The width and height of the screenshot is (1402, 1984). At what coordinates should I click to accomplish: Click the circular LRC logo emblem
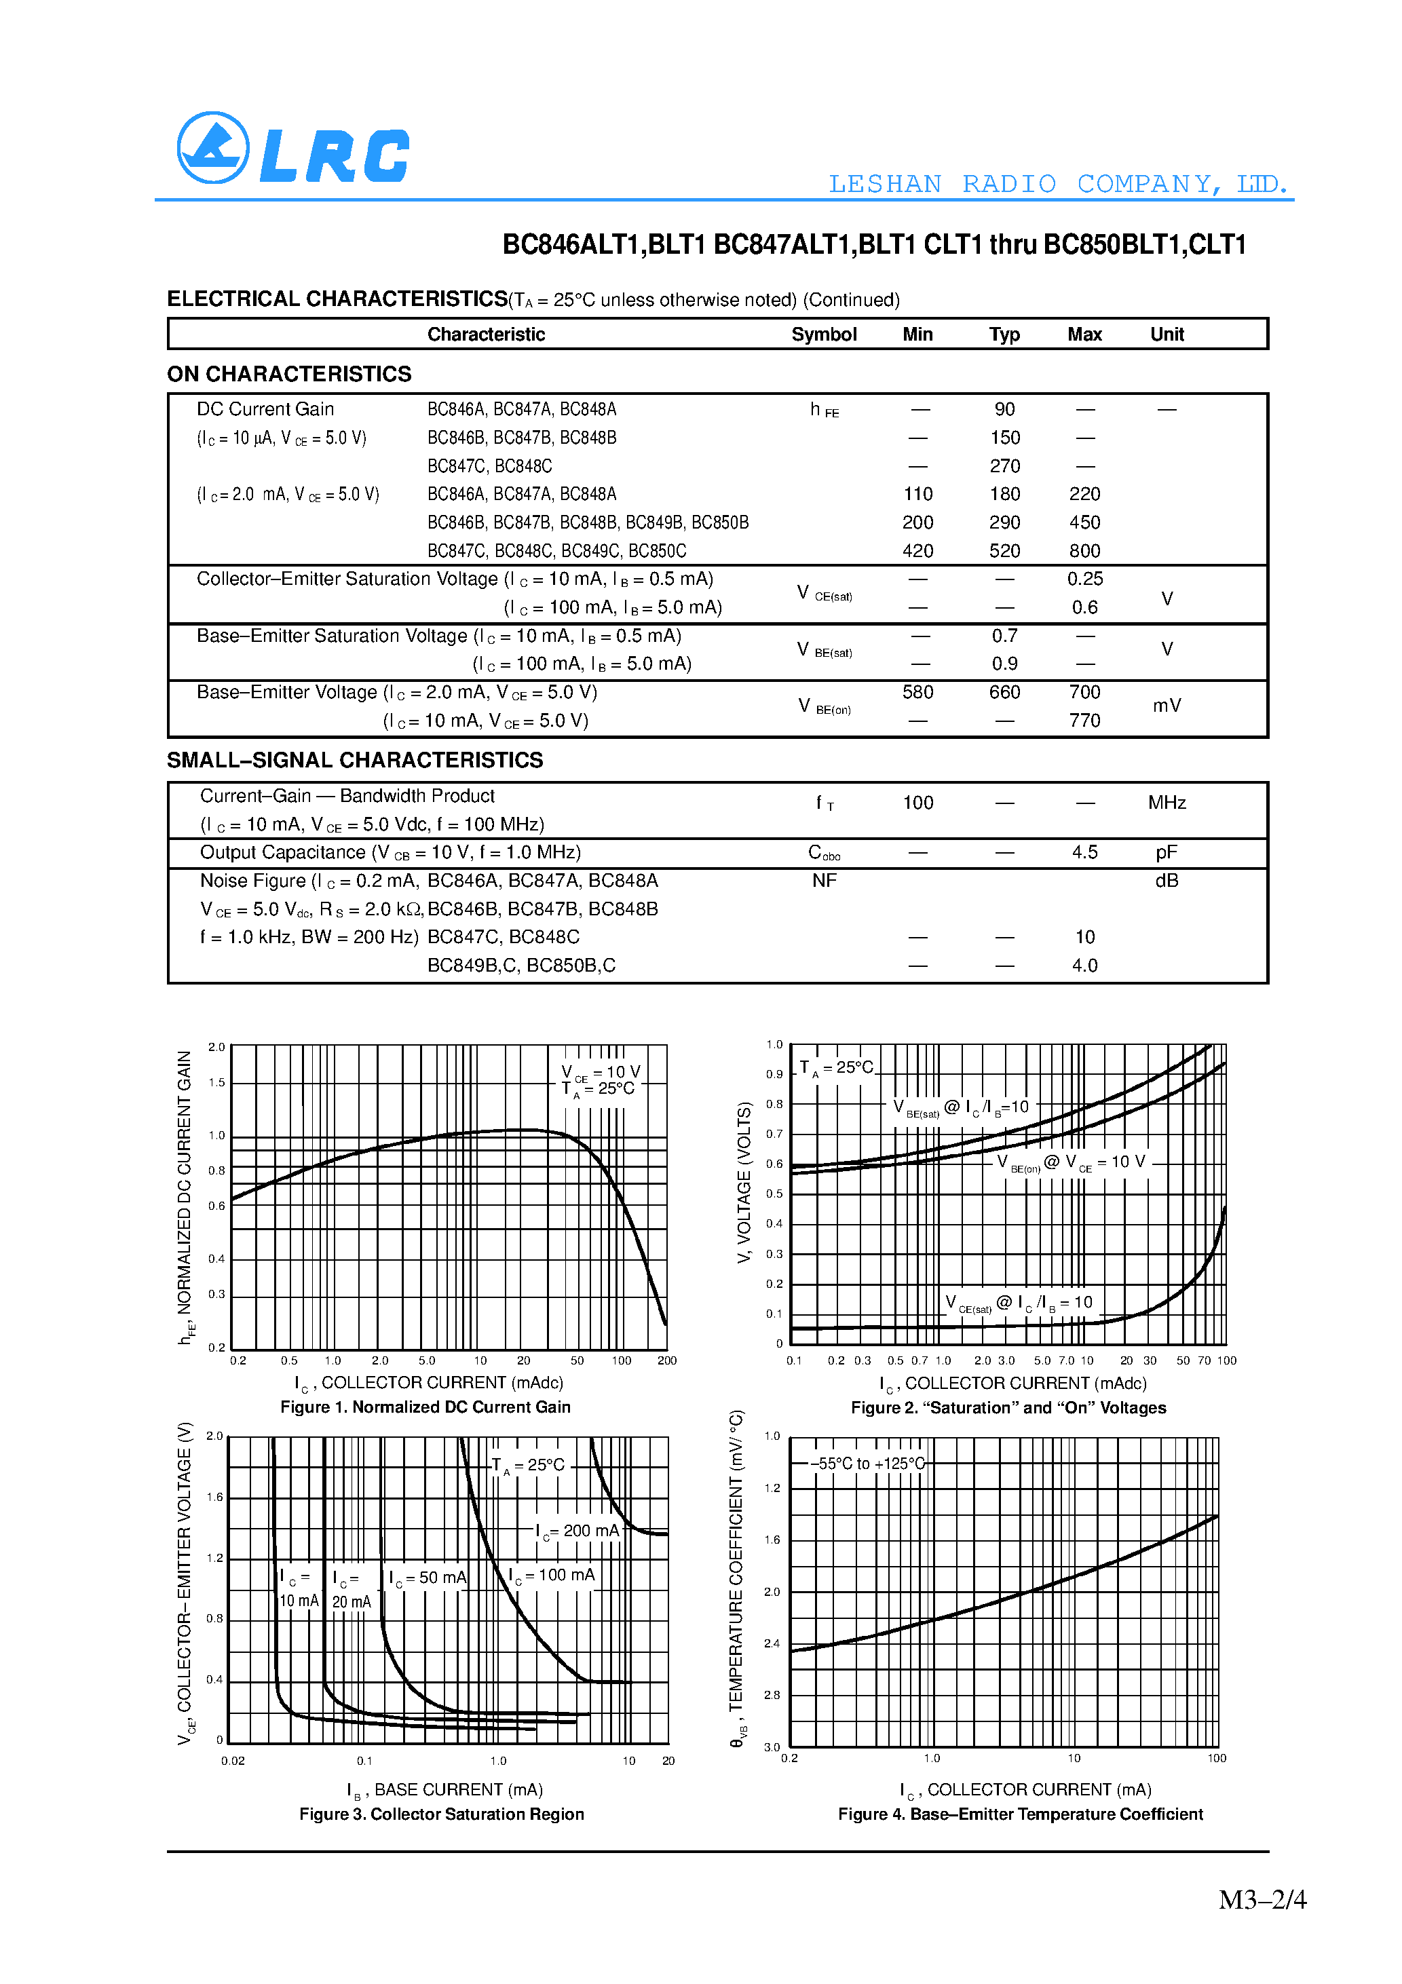coord(212,148)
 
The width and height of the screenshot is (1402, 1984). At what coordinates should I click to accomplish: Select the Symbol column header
coord(823,335)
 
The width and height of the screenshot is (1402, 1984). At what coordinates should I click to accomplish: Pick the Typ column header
coord(1004,335)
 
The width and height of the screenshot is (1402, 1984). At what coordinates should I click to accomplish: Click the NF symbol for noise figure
coord(824,881)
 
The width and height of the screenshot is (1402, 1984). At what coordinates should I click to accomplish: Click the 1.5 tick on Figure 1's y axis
coord(216,1083)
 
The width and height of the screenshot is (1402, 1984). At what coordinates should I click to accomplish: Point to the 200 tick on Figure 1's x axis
coord(666,1361)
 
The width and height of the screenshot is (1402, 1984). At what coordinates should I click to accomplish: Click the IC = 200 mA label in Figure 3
coord(577,1531)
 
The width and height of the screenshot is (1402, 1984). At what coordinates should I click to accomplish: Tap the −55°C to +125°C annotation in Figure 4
coord(867,1464)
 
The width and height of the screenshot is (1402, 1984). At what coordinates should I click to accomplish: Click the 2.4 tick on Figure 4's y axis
coord(772,1643)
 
